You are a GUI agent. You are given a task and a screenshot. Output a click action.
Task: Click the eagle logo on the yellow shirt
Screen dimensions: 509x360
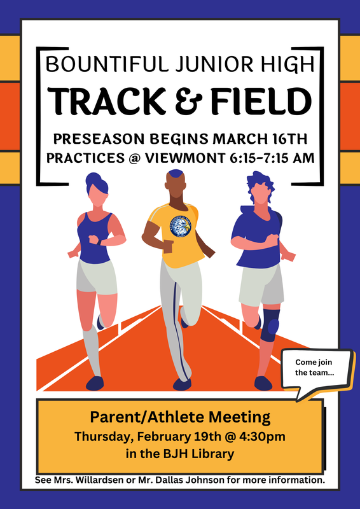(181, 226)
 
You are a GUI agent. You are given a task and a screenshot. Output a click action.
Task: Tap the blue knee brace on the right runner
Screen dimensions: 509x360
(270, 321)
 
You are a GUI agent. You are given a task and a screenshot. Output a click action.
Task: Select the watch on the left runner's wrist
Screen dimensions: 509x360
(99, 241)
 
